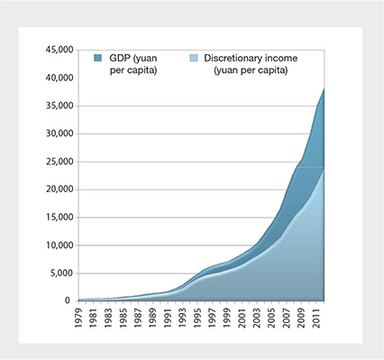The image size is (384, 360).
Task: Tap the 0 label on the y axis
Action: (67, 300)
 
